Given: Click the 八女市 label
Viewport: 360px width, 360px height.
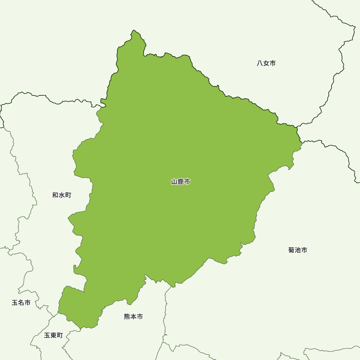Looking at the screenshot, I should coord(266,63).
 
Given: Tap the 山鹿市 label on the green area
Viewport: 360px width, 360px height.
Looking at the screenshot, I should coord(181,182).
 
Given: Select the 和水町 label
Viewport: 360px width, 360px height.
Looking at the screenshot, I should coord(62,195).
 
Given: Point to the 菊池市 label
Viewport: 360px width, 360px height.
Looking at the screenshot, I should coord(298,250).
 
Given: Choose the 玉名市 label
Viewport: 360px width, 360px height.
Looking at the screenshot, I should coord(21,303).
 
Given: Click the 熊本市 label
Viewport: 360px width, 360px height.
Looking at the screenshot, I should coord(134,317).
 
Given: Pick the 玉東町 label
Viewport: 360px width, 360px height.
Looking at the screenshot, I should coord(53,336).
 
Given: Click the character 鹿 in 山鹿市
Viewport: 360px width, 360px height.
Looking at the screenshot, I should coord(181,182).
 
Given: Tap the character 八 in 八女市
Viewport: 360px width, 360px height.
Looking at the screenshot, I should coord(260,63).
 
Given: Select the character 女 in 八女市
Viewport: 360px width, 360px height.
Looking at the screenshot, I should coord(266,63).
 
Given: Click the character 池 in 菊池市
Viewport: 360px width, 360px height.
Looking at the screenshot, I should coord(298,250).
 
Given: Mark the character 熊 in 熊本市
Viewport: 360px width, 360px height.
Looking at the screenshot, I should coord(127,317).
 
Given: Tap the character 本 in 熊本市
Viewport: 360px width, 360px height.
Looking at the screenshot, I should coord(134,317).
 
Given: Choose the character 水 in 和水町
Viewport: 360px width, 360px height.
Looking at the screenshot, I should coord(62,195).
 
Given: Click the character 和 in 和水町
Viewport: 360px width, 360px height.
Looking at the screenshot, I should coord(55,195).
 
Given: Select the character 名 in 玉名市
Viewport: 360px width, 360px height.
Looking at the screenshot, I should coord(21,303).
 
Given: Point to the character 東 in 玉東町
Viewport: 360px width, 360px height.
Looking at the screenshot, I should coord(53,336).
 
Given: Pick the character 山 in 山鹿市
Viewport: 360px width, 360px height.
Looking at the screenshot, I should coord(174,182).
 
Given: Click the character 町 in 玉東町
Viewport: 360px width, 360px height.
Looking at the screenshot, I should coord(60,336).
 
